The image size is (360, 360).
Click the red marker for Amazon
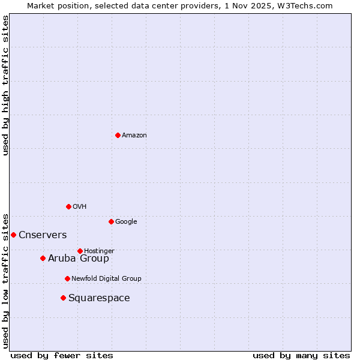(118, 135)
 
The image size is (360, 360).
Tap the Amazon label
(134, 136)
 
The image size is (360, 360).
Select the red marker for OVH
(68, 206)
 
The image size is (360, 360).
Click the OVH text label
(80, 207)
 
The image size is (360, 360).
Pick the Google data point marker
(111, 221)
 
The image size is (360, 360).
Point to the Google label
(126, 222)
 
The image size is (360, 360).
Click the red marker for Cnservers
(13, 235)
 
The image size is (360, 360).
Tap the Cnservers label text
(43, 235)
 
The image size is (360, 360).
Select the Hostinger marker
(80, 251)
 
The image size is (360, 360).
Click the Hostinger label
(99, 251)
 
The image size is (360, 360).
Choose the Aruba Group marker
(43, 258)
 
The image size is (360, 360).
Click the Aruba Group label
(79, 259)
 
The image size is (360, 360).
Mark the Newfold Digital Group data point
(67, 278)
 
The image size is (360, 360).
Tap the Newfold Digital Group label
(106, 278)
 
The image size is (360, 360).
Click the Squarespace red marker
(63, 298)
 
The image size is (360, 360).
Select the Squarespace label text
(99, 298)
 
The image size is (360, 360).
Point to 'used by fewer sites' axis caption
(62, 355)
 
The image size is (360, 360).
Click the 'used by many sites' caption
(301, 355)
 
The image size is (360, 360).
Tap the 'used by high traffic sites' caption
(6, 85)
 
